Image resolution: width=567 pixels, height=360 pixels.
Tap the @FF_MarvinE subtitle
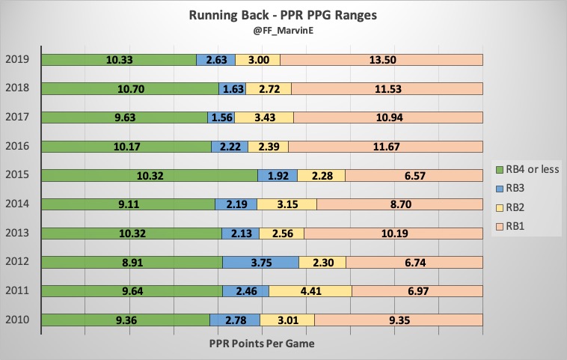click(283, 33)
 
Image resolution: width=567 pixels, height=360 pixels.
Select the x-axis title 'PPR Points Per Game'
click(262, 343)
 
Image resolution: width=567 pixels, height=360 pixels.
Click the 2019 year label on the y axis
click(18, 60)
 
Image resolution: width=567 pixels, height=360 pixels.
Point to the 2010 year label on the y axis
click(18, 320)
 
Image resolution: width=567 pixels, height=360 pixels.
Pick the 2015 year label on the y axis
click(18, 176)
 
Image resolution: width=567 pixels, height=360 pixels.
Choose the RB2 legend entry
click(516, 207)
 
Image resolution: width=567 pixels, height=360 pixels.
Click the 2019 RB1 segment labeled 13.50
click(381, 60)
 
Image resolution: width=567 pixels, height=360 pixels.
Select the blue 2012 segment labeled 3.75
click(260, 263)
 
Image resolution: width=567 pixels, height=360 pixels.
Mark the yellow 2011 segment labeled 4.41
click(310, 291)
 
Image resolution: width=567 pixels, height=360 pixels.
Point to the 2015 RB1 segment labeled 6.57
click(414, 176)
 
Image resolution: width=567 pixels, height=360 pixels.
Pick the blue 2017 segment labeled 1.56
click(221, 118)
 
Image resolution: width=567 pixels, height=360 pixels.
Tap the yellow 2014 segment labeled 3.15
click(286, 204)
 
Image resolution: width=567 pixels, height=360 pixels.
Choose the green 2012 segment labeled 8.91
click(132, 263)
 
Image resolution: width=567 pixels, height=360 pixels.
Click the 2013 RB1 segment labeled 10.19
click(393, 234)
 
